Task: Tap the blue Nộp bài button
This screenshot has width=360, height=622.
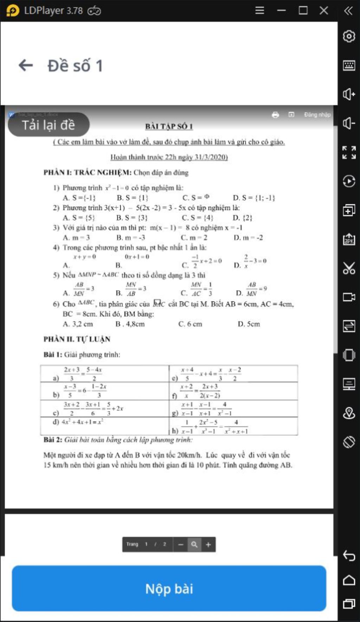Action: click(169, 588)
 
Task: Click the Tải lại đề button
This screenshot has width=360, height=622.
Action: click(49, 125)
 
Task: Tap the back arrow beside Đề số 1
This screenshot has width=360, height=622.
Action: click(26, 65)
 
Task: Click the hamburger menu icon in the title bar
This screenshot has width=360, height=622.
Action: click(259, 11)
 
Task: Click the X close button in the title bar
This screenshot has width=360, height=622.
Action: click(324, 11)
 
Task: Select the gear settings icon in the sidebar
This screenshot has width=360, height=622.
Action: click(349, 36)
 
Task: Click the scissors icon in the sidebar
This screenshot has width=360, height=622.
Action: click(349, 268)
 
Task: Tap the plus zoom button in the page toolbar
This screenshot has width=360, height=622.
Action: click(208, 545)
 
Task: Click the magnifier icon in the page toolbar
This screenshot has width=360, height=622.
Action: click(194, 545)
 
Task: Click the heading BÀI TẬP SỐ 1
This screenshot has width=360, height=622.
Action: click(169, 126)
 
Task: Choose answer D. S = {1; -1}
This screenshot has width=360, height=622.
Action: click(254, 198)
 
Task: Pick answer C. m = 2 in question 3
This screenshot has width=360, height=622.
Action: click(194, 238)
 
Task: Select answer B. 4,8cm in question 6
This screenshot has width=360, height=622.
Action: click(130, 324)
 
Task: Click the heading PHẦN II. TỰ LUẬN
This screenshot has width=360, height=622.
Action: click(77, 339)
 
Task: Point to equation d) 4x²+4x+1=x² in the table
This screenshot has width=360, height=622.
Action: click(78, 422)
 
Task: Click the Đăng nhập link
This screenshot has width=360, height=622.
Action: click(317, 115)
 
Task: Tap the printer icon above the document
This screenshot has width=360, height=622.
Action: click(275, 115)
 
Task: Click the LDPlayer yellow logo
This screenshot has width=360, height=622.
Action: click(13, 11)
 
